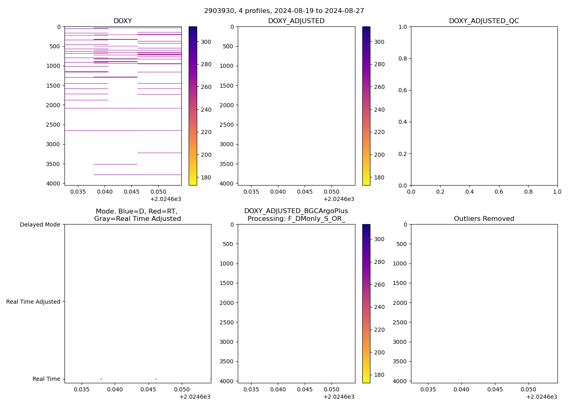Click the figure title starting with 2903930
[284, 11]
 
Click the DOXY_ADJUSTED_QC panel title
[484, 21]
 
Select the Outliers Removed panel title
[484, 219]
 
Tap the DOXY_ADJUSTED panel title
[296, 21]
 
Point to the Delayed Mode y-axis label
[40, 225]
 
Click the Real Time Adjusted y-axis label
[33, 302]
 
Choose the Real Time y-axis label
[46, 379]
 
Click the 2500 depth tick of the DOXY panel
[54, 125]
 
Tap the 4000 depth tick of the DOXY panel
[54, 184]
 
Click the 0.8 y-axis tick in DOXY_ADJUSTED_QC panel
[403, 58]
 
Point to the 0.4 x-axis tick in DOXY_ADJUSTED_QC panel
[469, 192]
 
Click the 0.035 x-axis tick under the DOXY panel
[78, 192]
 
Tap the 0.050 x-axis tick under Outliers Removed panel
[528, 389]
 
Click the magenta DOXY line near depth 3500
[115, 164]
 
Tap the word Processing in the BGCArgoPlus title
[266, 219]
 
